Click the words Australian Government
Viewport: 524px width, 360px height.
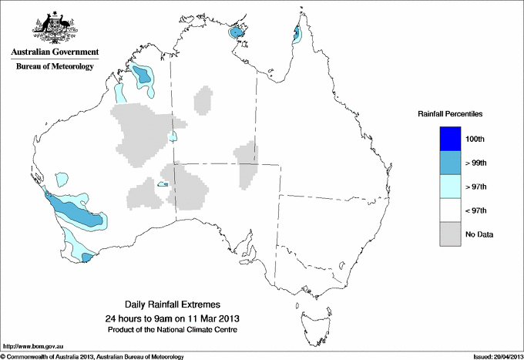point(55,52)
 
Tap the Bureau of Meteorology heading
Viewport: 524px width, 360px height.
point(55,66)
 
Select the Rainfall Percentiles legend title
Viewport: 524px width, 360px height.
point(450,114)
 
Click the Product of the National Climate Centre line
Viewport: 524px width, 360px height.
point(172,330)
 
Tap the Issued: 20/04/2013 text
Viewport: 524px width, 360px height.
point(496,356)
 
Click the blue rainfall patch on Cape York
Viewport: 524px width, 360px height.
point(297,33)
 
